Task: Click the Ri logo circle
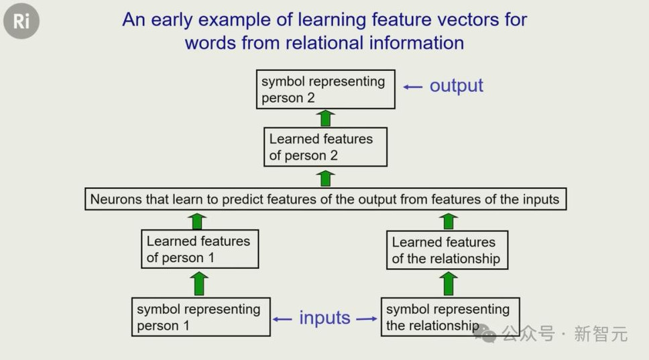click(21, 21)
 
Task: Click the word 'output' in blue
click(456, 86)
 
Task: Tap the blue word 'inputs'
click(325, 318)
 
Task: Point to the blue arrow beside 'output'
click(413, 87)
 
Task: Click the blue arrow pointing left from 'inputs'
click(282, 319)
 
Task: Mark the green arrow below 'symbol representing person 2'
click(326, 118)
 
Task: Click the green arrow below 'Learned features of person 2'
click(326, 178)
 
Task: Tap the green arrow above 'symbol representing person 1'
click(199, 284)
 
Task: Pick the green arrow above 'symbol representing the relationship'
click(449, 284)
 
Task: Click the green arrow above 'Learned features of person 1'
click(197, 221)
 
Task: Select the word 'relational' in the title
click(324, 43)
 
